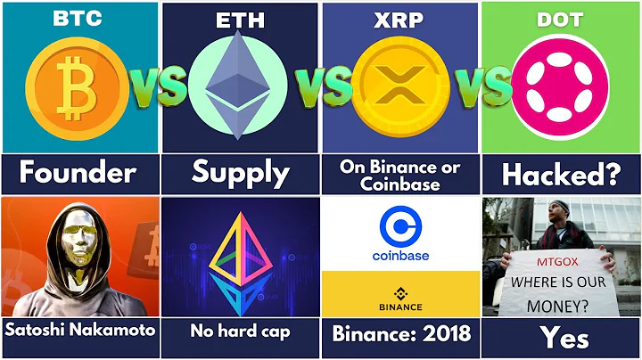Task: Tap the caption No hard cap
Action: coord(241,331)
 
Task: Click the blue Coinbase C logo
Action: coord(399,226)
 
